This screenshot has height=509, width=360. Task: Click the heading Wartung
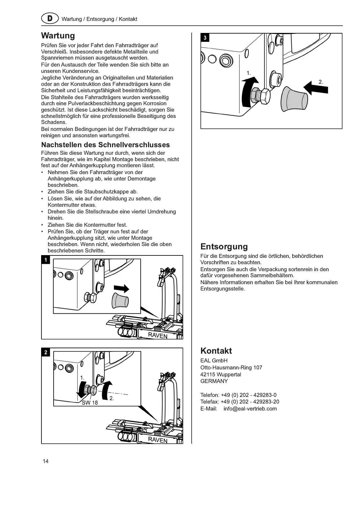click(58, 36)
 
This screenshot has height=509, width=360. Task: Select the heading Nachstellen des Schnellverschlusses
click(105, 145)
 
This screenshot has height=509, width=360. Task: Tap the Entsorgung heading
click(224, 247)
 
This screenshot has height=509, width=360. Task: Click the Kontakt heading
click(216, 351)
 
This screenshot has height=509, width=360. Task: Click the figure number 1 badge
click(46, 260)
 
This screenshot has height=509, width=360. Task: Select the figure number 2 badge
click(46, 352)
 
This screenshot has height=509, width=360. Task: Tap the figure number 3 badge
click(205, 38)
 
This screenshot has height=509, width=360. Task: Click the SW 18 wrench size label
click(90, 403)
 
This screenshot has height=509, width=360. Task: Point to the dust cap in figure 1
click(120, 300)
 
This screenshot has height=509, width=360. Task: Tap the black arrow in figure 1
click(122, 288)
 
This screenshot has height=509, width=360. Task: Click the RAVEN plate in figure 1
click(157, 335)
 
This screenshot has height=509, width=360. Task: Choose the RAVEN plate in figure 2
click(157, 440)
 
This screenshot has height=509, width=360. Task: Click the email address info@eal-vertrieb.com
click(250, 409)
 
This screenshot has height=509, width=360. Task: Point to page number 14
click(46, 461)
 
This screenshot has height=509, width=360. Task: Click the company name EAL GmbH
click(214, 361)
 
